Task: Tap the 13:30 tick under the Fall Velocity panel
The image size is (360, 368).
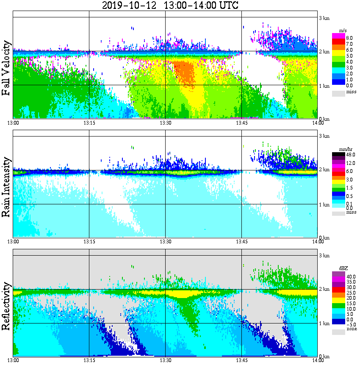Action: point(166,123)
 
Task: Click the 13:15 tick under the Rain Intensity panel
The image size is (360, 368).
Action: point(89,241)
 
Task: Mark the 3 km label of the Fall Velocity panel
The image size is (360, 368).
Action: point(324,17)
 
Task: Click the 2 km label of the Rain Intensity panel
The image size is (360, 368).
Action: point(324,170)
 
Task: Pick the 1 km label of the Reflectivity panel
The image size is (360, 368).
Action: point(324,323)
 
